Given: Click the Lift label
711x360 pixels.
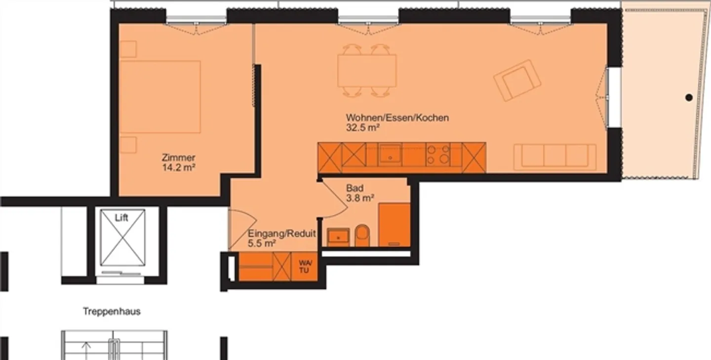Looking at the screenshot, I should click(x=121, y=218).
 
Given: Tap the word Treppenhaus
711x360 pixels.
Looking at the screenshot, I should click(x=112, y=312).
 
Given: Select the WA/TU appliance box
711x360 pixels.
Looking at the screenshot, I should click(x=305, y=267).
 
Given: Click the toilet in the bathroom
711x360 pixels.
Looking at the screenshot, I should click(x=362, y=236).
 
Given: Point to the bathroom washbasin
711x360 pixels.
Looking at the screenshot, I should click(x=338, y=237).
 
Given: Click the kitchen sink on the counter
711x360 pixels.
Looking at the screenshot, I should click(x=390, y=155).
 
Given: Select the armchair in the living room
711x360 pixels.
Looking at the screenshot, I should click(x=517, y=80).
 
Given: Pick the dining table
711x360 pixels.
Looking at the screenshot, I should click(x=367, y=70).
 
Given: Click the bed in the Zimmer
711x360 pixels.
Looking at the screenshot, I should click(x=160, y=97).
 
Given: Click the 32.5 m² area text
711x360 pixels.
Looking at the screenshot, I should click(x=362, y=127).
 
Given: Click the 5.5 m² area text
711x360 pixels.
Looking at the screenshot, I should click(x=262, y=243).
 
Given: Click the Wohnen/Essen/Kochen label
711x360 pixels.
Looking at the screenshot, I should click(x=397, y=118).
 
